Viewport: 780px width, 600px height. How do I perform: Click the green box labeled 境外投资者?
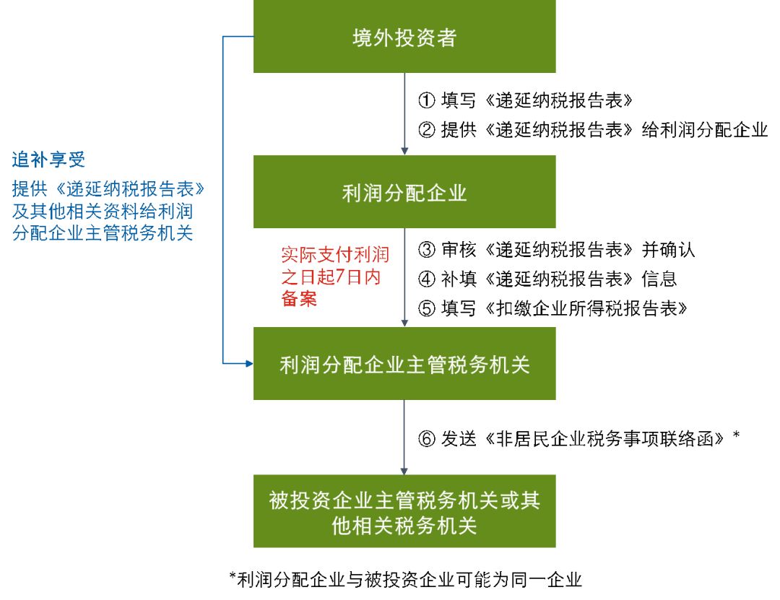pyautogui.click(x=404, y=37)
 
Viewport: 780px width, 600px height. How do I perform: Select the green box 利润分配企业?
pyautogui.click(x=404, y=192)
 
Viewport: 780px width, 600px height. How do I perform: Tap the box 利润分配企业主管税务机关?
pyautogui.click(x=404, y=364)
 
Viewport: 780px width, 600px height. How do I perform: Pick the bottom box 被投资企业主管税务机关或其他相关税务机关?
pyautogui.click(x=404, y=511)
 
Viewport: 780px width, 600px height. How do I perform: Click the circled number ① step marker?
pyautogui.click(x=427, y=99)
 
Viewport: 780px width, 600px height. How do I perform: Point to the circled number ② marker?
pyautogui.click(x=427, y=130)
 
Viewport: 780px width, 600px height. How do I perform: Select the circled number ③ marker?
pyautogui.click(x=427, y=250)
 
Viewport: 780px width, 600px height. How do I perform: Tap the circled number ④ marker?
pyautogui.click(x=427, y=279)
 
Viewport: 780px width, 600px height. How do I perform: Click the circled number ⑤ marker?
pyautogui.click(x=427, y=308)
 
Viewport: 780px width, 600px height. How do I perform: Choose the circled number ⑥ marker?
pyautogui.click(x=427, y=438)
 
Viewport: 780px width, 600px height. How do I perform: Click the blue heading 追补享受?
pyautogui.click(x=48, y=160)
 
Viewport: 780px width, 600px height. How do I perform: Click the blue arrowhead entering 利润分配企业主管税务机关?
pyautogui.click(x=248, y=363)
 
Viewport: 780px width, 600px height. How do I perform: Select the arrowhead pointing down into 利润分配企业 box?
pyautogui.click(x=404, y=152)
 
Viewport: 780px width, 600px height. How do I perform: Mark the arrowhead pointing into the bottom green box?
pyautogui.click(x=404, y=470)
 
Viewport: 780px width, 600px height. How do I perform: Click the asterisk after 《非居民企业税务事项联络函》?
pyautogui.click(x=736, y=436)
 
